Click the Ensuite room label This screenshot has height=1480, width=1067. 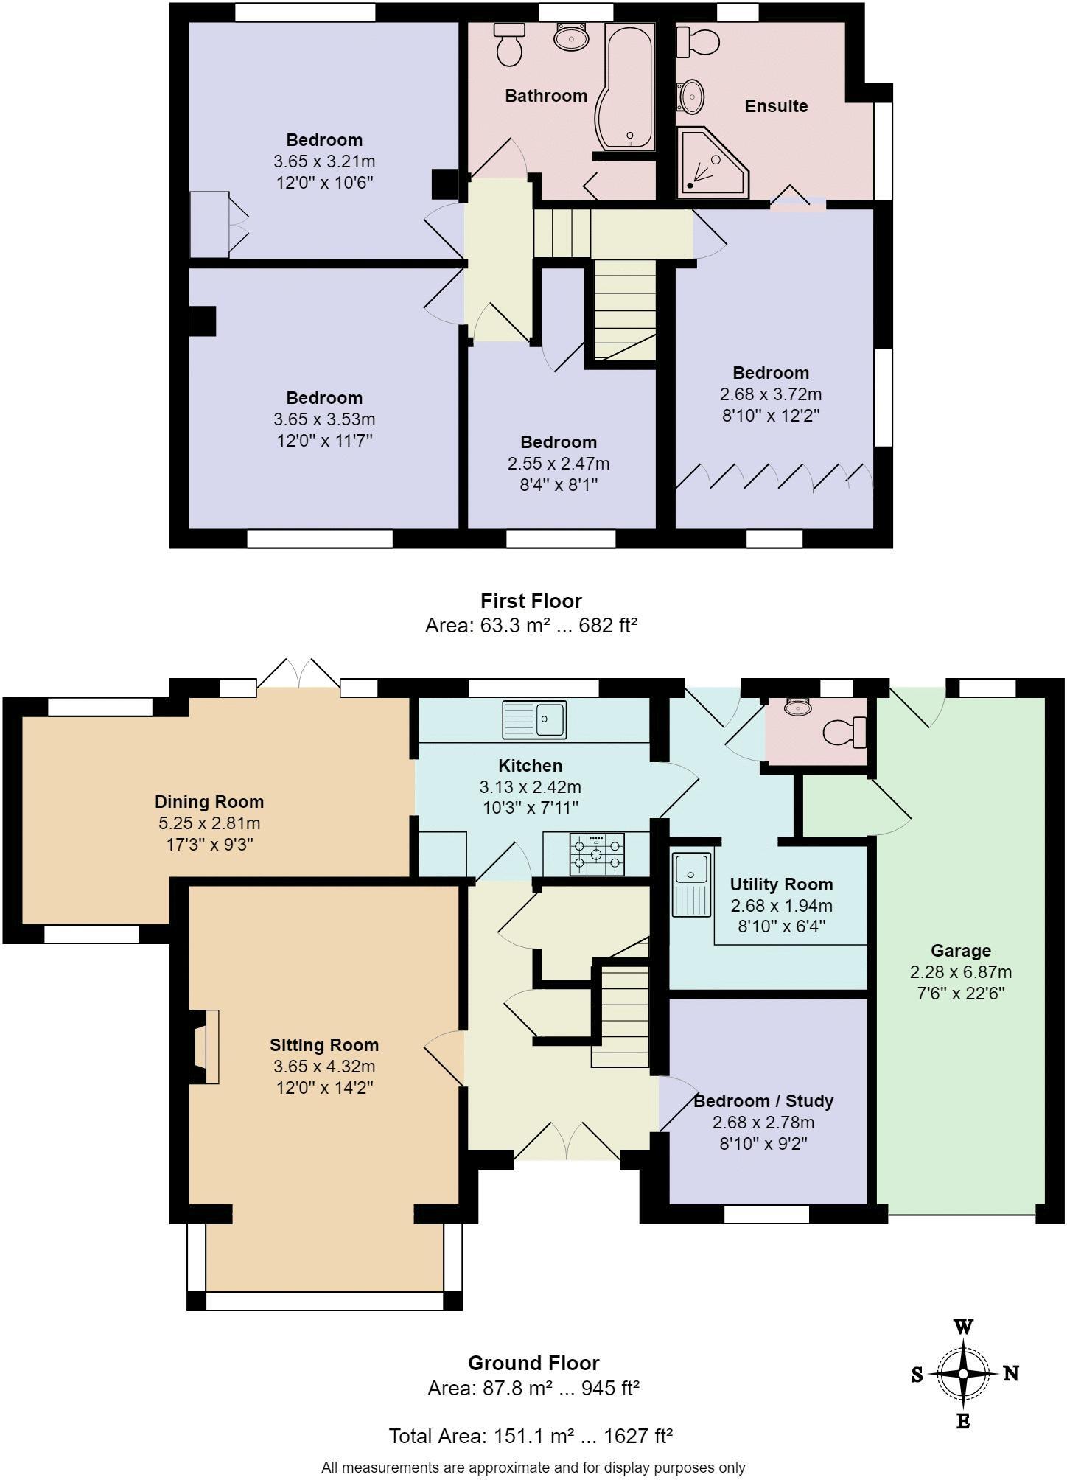coord(776,106)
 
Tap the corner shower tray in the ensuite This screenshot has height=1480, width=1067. coord(710,164)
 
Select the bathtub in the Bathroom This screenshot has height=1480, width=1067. coord(626,85)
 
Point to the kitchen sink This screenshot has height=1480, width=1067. coord(534,719)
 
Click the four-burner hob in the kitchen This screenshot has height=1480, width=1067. coord(596,854)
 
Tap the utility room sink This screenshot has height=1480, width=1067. coord(691,884)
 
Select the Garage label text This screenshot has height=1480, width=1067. coord(960,951)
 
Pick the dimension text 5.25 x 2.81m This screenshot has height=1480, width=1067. coord(209,823)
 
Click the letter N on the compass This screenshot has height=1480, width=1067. coord(1011,1373)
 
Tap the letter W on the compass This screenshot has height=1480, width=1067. coord(963,1327)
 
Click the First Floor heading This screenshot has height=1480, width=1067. coord(531,601)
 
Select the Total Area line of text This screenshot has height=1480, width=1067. coord(531,1436)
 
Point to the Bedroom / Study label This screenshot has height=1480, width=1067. coord(763,1101)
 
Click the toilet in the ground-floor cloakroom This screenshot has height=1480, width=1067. coord(845,732)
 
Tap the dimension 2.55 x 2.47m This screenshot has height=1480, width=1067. coord(558,464)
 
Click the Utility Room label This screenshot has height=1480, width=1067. coord(781,884)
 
